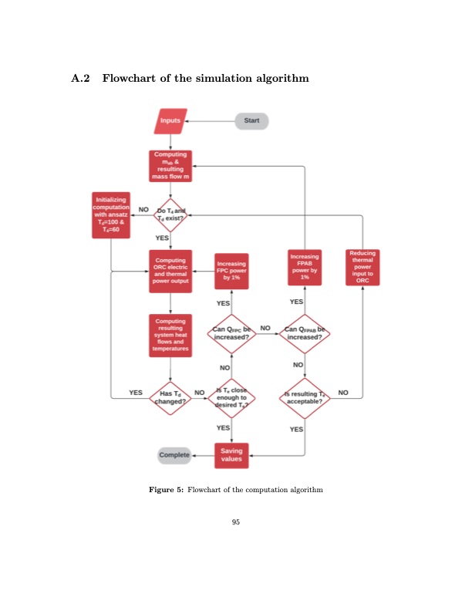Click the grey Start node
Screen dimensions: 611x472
[251, 121]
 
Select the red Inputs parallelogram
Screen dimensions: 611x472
[170, 121]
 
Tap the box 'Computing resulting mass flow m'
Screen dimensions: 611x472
[170, 165]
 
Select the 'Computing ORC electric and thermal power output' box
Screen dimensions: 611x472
[170, 271]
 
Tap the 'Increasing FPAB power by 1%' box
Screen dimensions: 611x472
[305, 268]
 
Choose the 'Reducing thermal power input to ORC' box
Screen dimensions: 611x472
[362, 267]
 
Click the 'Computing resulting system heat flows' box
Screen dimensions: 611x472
[170, 335]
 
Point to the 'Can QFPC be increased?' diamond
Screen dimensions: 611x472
[232, 333]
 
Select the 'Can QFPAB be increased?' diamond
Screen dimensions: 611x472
[305, 333]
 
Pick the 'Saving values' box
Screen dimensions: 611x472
[231, 455]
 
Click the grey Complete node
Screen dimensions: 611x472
[174, 455]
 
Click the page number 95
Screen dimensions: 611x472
[236, 522]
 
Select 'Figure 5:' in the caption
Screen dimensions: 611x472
[167, 490]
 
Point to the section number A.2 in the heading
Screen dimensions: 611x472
[81, 78]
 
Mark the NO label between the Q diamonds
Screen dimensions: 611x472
[265, 328]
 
